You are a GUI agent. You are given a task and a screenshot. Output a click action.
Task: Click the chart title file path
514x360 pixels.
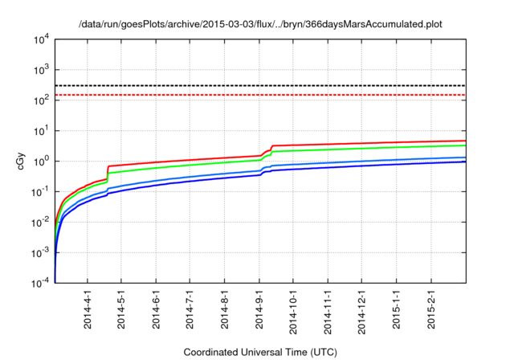[260, 25]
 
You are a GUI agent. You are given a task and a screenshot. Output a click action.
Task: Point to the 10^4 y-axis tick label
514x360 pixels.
[38, 39]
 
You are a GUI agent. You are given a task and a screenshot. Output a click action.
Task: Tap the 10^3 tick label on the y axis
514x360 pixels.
[38, 70]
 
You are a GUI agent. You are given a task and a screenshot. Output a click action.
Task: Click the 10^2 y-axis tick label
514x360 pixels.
[38, 100]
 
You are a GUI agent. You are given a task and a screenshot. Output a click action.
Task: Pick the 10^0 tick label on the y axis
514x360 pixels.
[38, 161]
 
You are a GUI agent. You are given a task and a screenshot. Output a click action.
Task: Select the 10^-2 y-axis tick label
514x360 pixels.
[38, 222]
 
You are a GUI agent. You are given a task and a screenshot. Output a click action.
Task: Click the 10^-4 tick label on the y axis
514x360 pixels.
[38, 282]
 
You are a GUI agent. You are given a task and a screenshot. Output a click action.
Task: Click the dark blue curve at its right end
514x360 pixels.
[464, 162]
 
